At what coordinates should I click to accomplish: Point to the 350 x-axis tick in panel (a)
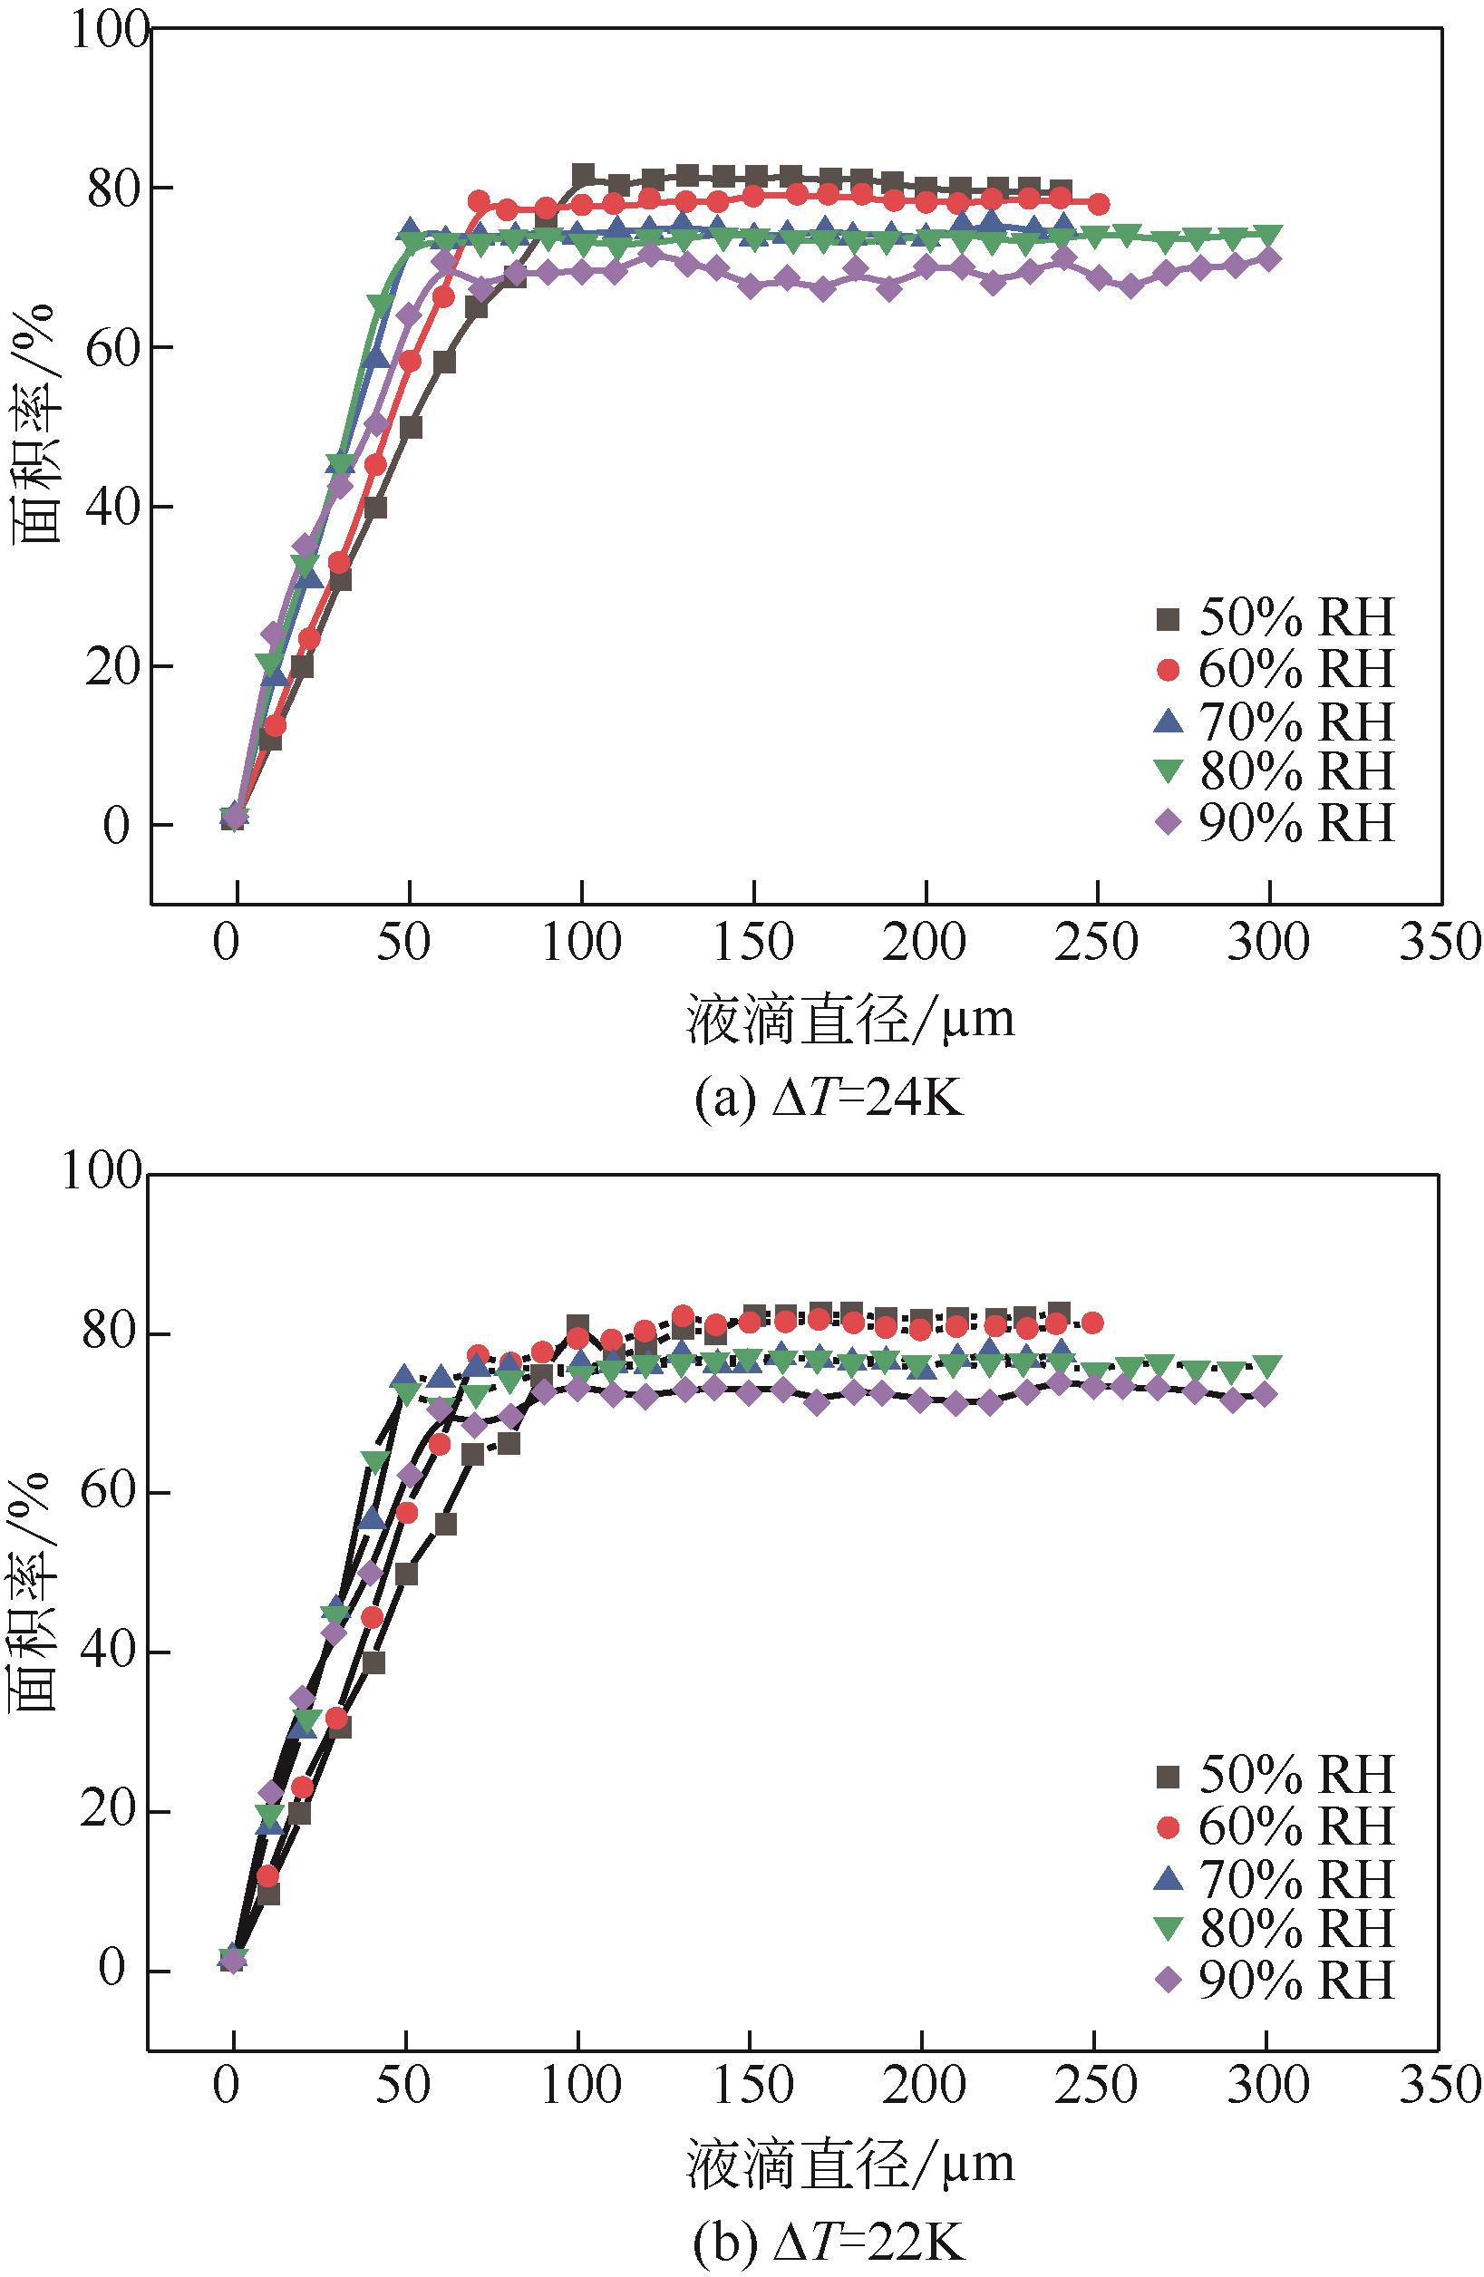1439,943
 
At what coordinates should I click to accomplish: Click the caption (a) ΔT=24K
829,1100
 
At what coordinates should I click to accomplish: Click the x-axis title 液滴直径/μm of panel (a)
849,1020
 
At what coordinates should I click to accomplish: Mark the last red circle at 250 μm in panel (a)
1099,204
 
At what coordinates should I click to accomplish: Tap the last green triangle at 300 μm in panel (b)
1267,1365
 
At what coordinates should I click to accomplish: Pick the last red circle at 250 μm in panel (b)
1091,1323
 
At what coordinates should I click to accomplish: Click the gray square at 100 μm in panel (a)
582,175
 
